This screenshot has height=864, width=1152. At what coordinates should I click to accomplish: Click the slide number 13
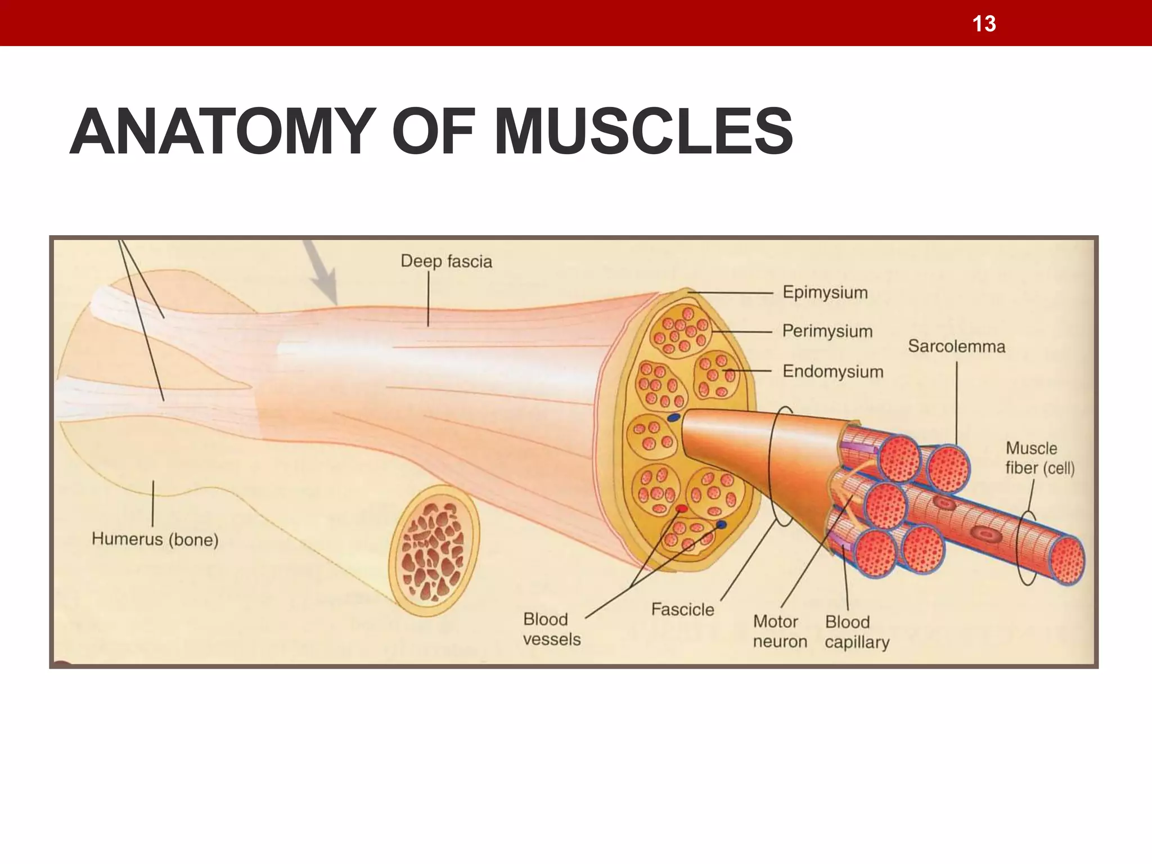point(984,24)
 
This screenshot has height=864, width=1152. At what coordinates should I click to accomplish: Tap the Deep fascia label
point(446,262)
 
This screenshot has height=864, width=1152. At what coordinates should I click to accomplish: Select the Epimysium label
point(825,292)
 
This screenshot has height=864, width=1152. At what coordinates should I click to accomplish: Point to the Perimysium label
point(827,331)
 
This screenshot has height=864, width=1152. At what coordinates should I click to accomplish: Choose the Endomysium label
point(832,371)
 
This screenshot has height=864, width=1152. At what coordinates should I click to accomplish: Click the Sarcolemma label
point(956,346)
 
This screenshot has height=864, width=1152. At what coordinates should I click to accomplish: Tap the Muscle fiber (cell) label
point(1039,458)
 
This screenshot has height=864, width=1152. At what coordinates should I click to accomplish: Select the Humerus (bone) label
point(155,539)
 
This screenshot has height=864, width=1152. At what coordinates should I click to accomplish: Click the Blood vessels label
point(551,629)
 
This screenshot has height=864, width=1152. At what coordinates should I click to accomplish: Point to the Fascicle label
point(682,609)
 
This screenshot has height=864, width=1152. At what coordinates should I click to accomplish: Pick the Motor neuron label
point(780,631)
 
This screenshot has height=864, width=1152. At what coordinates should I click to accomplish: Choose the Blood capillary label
point(857,632)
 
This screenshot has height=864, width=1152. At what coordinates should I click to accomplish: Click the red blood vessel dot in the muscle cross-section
point(681,509)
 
